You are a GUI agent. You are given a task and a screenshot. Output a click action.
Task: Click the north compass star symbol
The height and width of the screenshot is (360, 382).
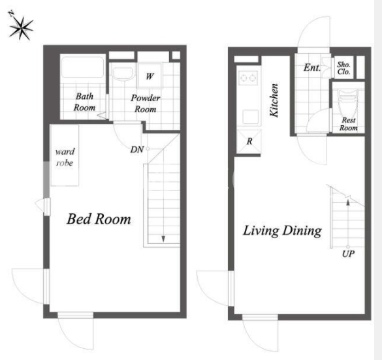click(21, 27)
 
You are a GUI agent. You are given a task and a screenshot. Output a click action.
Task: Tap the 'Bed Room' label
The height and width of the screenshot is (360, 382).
click(99, 218)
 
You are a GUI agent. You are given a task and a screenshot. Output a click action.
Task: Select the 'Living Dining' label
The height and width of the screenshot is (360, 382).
click(282, 231)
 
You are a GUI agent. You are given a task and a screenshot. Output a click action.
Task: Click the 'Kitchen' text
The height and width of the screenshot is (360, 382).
click(274, 100)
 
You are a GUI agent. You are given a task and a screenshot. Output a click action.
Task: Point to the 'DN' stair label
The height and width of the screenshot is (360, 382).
click(137, 149)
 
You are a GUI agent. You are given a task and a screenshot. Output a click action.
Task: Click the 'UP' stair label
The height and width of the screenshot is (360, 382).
click(348, 254)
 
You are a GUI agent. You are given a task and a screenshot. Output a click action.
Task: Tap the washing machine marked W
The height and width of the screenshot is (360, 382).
click(150, 76)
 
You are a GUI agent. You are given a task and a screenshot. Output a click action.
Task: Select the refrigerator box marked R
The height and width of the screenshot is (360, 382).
click(249, 142)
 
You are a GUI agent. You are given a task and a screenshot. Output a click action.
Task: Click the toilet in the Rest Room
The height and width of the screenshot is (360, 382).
click(348, 102)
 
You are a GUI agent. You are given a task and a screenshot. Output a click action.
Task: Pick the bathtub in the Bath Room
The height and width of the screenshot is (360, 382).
click(83, 67)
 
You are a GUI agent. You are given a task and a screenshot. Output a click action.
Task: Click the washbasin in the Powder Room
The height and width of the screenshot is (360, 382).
click(123, 72)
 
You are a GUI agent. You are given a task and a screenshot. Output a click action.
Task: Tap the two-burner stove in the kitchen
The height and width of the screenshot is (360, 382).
click(248, 78)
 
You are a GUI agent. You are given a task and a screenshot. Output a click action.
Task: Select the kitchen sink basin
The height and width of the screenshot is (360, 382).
click(251, 117)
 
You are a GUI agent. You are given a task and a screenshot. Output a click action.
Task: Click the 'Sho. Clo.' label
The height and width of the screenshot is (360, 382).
click(343, 68)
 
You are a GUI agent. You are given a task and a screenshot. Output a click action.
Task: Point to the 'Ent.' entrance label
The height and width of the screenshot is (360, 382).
click(312, 67)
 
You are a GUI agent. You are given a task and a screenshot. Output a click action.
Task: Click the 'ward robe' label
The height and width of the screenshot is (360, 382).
click(65, 157)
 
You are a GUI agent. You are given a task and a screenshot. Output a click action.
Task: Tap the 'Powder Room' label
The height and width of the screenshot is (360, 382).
click(146, 104)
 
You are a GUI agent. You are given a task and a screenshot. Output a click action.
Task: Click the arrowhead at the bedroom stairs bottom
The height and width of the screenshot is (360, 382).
click(163, 239)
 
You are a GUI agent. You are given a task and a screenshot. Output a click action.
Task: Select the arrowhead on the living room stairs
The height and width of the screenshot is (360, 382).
click(348, 201)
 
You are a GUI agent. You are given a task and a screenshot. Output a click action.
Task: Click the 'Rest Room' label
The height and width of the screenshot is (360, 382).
click(349, 124)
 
